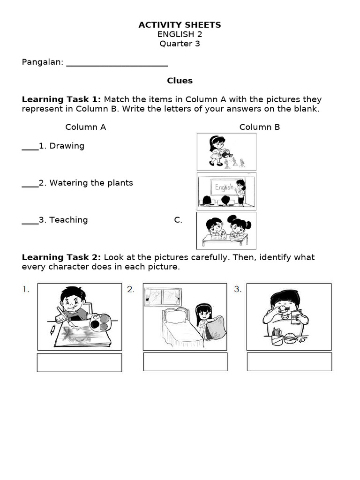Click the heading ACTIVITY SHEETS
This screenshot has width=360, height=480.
(x=180, y=25)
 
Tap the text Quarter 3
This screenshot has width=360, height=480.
(x=180, y=44)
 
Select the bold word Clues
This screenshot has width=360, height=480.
(x=180, y=81)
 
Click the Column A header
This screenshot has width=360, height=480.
(x=85, y=127)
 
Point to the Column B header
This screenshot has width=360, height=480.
(x=259, y=127)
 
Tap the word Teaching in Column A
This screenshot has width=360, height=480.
(x=68, y=220)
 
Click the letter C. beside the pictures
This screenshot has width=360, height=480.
(x=178, y=220)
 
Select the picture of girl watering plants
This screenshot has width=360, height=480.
(x=226, y=151)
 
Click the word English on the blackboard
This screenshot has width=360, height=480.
(x=224, y=187)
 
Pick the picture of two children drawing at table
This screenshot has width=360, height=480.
(x=226, y=231)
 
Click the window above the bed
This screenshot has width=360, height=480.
(x=162, y=296)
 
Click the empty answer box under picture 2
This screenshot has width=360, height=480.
(x=185, y=362)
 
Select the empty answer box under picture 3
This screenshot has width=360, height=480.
(x=289, y=362)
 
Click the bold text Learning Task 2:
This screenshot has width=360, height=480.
(x=61, y=257)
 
